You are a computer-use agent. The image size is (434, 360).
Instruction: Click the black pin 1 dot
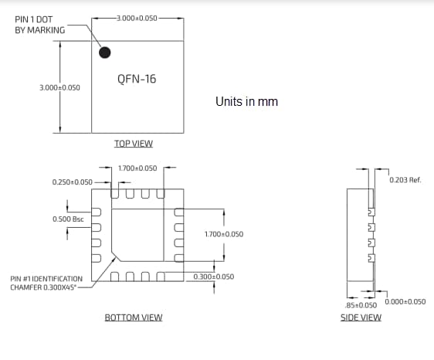point(105,53)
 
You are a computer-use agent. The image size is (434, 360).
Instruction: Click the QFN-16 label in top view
point(137,79)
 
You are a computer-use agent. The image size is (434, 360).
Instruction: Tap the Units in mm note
point(246,102)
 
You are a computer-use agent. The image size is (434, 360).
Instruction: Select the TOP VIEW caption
point(134,144)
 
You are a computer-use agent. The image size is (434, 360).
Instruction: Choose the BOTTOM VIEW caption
point(134,318)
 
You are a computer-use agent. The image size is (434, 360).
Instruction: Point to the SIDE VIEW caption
point(361,318)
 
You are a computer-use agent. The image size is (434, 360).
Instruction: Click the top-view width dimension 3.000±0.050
point(137,17)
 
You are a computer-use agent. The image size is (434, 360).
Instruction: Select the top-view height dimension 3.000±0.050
point(59,88)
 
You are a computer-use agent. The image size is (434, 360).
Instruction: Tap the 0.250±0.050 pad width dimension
point(73,182)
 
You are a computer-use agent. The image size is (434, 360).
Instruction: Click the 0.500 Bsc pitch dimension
point(68,219)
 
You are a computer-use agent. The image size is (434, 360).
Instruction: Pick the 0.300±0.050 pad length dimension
point(214,277)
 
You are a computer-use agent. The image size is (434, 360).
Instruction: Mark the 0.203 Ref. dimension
point(405,180)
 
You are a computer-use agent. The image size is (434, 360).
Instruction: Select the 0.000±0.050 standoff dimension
point(405,301)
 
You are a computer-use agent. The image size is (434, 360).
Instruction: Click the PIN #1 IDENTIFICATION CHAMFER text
point(46,283)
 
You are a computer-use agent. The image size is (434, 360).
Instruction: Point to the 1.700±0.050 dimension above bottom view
point(137,168)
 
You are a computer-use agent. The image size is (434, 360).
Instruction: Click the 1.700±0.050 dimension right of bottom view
point(224,233)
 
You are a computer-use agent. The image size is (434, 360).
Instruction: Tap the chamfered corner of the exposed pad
point(115,254)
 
